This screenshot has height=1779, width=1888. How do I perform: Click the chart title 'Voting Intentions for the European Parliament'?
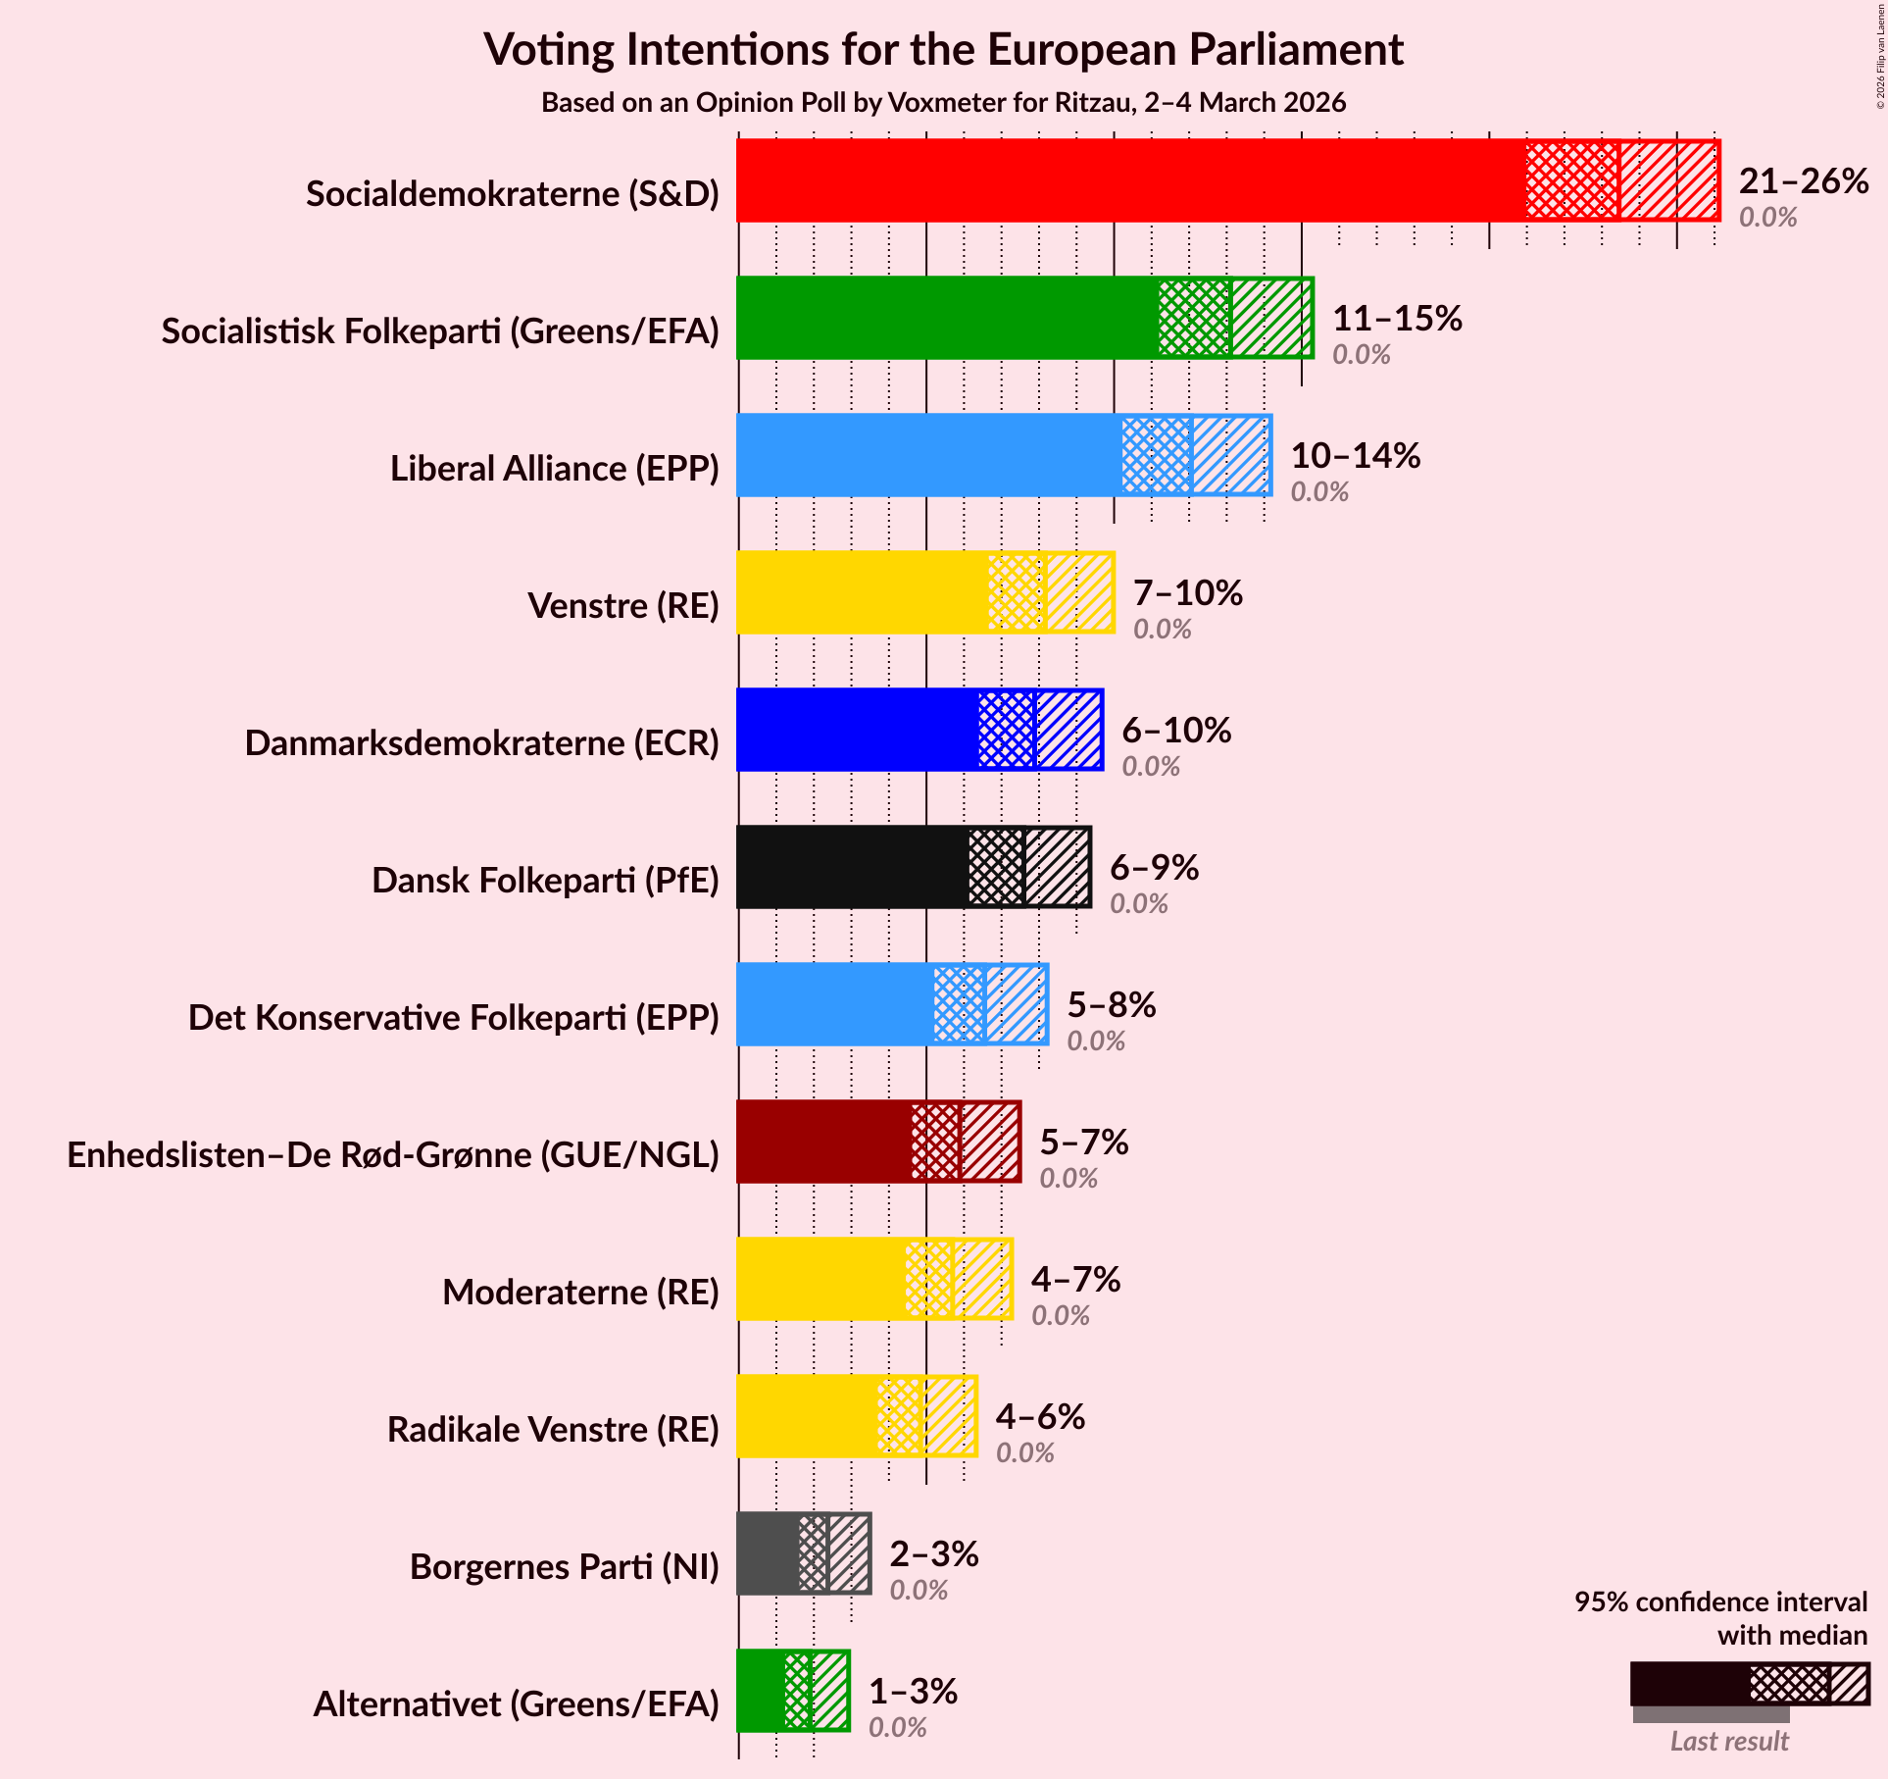click(x=943, y=49)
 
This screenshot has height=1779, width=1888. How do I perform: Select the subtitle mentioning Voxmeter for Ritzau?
click(x=943, y=103)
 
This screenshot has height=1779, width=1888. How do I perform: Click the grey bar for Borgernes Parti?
click(x=768, y=1553)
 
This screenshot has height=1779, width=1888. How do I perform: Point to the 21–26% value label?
click(x=1804, y=181)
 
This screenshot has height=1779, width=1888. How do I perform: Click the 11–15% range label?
click(x=1397, y=319)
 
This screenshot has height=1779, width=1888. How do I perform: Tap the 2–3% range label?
click(x=933, y=1554)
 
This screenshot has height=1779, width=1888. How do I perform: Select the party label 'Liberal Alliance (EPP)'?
click(x=555, y=469)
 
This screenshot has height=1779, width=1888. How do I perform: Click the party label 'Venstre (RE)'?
click(x=623, y=606)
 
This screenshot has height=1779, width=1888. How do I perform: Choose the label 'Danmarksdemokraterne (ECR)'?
click(x=481, y=743)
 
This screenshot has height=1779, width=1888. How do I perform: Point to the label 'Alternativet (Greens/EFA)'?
click(x=516, y=1704)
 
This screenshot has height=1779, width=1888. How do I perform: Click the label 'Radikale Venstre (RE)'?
click(x=553, y=1430)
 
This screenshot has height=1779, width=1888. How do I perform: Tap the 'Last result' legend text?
click(x=1729, y=1741)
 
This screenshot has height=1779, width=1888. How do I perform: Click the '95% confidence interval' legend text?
click(x=1720, y=1601)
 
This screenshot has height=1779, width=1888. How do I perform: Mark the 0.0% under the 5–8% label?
click(x=1096, y=1041)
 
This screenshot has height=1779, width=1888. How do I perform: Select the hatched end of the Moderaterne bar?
click(x=982, y=1279)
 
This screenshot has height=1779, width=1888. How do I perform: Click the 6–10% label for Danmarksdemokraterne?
click(x=1176, y=731)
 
